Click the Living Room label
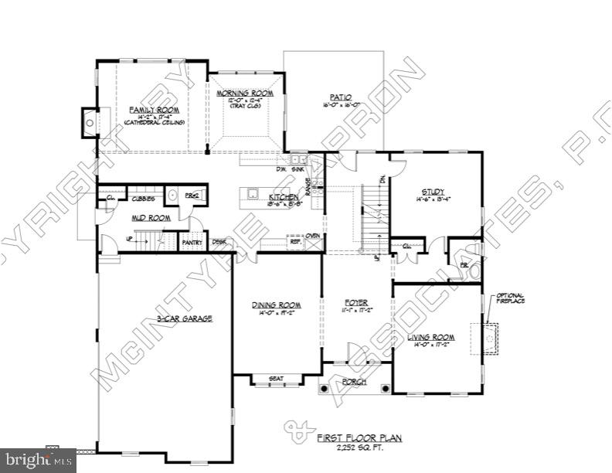pyautogui.click(x=431, y=337)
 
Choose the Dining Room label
pyautogui.click(x=276, y=305)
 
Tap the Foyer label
pyautogui.click(x=356, y=301)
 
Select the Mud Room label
pyautogui.click(x=150, y=219)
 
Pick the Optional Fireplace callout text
pyautogui.click(x=510, y=298)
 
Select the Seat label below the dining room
pyautogui.click(x=276, y=379)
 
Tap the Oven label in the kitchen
pyautogui.click(x=312, y=236)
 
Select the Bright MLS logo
pyautogui.click(x=38, y=461)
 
